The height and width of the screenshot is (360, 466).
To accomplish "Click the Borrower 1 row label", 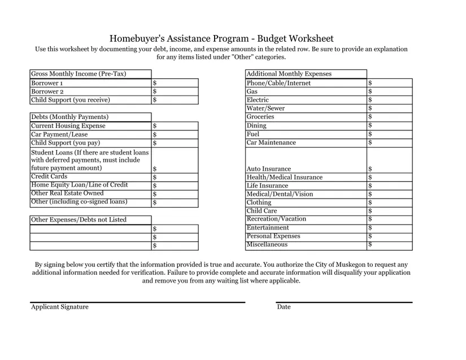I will pyautogui.click(x=47, y=83).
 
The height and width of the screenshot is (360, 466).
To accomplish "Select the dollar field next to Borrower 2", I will pyautogui.click(x=175, y=91).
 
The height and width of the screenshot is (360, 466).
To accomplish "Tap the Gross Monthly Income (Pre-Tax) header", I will pyautogui.click(x=79, y=74).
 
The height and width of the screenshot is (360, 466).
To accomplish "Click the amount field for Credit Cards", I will pyautogui.click(x=175, y=177).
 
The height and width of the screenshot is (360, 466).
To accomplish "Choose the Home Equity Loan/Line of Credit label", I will pyautogui.click(x=80, y=185).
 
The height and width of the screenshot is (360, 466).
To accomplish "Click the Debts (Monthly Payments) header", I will pyautogui.click(x=69, y=117).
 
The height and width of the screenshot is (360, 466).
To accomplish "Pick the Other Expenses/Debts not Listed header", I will pyautogui.click(x=79, y=219).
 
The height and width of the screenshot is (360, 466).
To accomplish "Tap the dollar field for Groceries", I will pyautogui.click(x=390, y=117).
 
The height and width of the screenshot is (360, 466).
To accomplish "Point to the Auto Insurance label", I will pyautogui.click(x=269, y=169).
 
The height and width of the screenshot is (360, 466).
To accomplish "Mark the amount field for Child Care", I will pyautogui.click(x=390, y=210).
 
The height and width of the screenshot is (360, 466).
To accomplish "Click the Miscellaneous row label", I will pyautogui.click(x=267, y=244).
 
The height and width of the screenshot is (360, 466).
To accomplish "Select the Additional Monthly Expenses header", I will pyautogui.click(x=289, y=74).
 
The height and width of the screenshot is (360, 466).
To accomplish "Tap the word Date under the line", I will pyautogui.click(x=284, y=307).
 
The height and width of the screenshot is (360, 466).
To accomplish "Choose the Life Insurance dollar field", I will pyautogui.click(x=390, y=186).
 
